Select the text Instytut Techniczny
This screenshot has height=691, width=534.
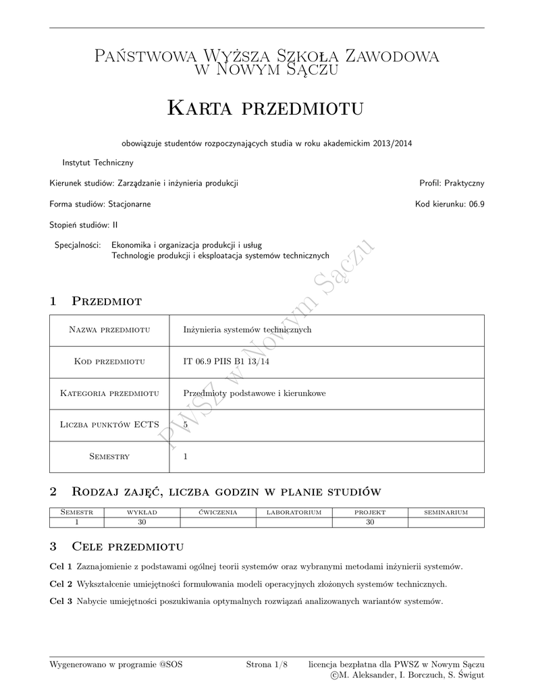[98, 163]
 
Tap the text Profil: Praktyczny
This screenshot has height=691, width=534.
[452, 183]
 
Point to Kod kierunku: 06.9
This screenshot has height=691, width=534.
[450, 204]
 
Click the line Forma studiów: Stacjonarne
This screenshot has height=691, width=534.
[100, 204]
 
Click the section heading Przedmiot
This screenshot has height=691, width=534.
[106, 301]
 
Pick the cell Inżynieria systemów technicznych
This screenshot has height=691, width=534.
[247, 330]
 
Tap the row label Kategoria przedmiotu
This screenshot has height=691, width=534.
[109, 393]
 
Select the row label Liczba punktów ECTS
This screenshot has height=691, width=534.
[109, 424]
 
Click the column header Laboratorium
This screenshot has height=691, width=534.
[294, 513]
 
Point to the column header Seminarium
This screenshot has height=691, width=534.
[446, 513]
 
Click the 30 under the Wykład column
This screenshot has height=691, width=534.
[142, 522]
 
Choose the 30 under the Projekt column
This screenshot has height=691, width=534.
[370, 522]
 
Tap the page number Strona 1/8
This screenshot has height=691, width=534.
[267, 665]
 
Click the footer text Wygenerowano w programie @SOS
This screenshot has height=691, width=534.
[116, 665]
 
